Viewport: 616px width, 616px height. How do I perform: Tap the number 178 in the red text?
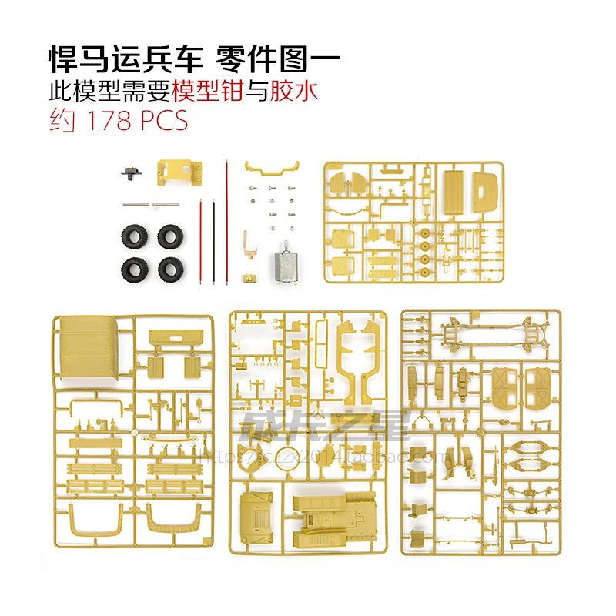tap(105, 122)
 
